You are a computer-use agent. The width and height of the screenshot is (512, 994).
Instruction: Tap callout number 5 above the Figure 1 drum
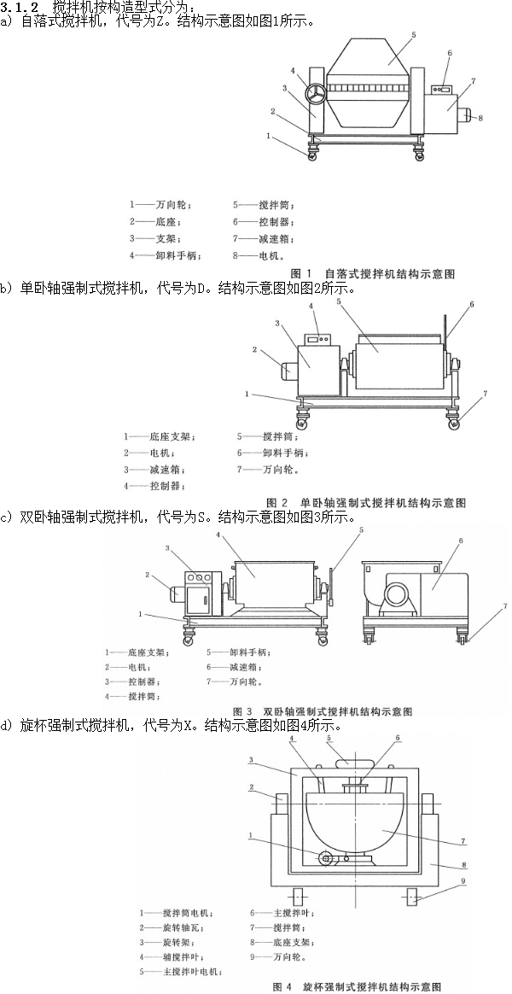413,35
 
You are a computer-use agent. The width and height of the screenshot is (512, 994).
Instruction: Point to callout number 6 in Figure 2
471,305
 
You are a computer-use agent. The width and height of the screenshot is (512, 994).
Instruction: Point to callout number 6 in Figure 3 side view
460,541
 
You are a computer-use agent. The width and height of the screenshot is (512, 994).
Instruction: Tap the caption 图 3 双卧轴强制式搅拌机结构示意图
323,710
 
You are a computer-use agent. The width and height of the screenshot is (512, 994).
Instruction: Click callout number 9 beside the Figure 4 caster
463,880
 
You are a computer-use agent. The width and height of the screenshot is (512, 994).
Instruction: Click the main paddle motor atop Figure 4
353,763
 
